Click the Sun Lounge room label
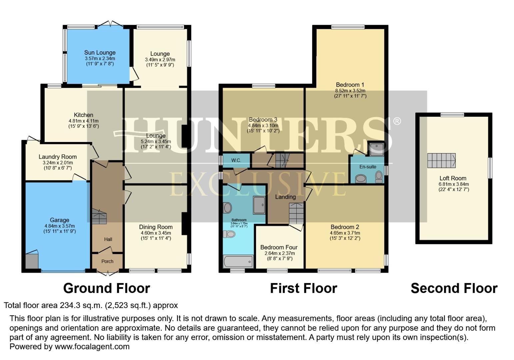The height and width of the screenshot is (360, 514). [x=100, y=53]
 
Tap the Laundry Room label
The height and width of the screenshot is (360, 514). [x=58, y=157]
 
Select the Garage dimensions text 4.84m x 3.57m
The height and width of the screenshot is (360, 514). [x=59, y=226]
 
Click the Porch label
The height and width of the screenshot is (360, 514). [x=107, y=261]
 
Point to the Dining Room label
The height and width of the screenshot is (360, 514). [x=156, y=227]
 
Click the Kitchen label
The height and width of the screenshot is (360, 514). [x=83, y=115]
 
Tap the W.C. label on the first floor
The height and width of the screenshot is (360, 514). [x=236, y=160]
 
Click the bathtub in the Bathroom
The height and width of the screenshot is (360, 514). [x=238, y=262]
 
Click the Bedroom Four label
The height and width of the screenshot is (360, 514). [x=279, y=247]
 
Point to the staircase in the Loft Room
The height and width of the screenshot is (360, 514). [x=441, y=161]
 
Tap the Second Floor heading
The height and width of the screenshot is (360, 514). [x=454, y=288]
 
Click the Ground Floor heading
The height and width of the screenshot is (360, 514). [x=107, y=288]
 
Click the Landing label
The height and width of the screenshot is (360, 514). [x=285, y=197]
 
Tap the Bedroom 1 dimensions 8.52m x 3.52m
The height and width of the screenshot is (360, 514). [x=350, y=90]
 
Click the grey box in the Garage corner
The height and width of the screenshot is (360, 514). [x=32, y=261]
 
